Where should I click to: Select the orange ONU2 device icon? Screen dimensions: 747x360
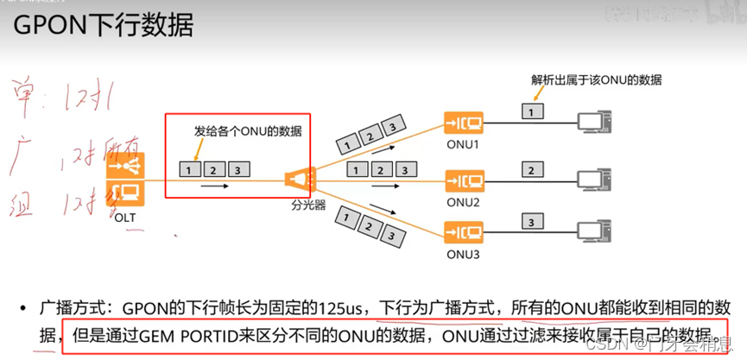pyautogui.click(x=464, y=180)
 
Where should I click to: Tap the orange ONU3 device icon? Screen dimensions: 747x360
pyautogui.click(x=464, y=232)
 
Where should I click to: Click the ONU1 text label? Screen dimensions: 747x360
pyautogui.click(x=464, y=143)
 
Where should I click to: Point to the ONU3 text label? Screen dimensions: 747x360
pyautogui.click(x=464, y=255)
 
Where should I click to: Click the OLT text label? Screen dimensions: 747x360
pyautogui.click(x=125, y=218)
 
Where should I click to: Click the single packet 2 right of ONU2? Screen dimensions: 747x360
pyautogui.click(x=532, y=169)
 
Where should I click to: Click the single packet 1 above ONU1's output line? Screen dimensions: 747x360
pyautogui.click(x=532, y=111)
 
